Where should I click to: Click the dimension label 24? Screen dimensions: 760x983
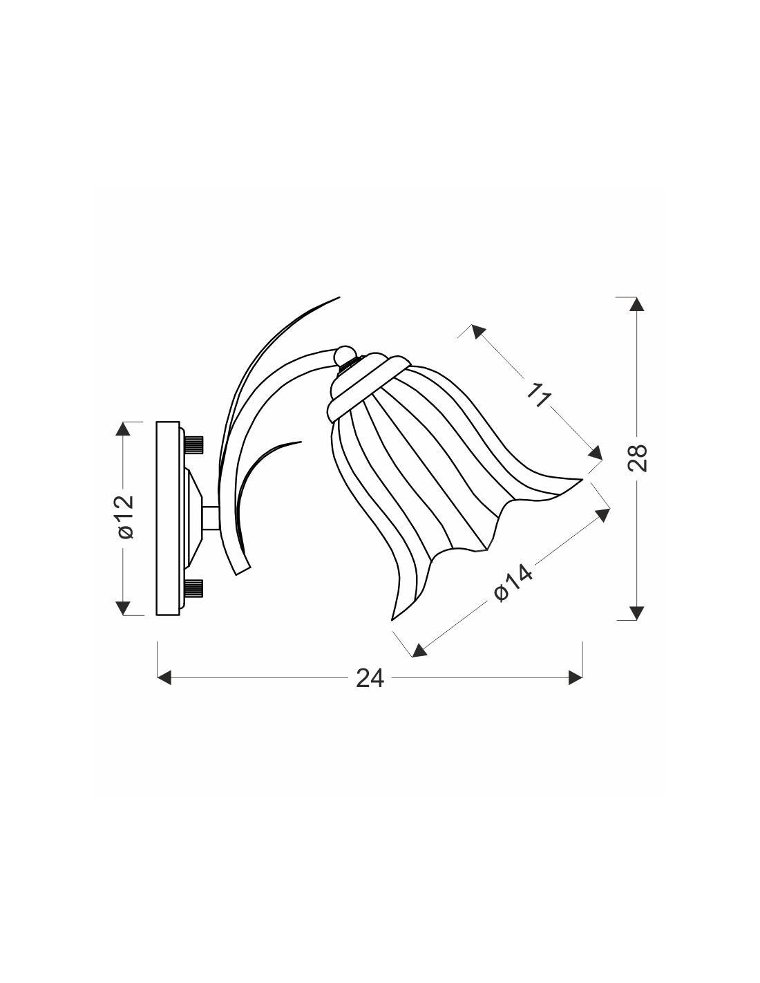click(370, 691)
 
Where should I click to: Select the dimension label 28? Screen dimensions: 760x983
click(638, 458)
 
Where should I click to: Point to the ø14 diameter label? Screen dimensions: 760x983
click(513, 584)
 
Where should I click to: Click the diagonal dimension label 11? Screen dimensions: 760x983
click(538, 394)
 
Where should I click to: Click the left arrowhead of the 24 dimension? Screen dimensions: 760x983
click(164, 691)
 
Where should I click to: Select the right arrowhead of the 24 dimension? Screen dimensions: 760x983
click(576, 691)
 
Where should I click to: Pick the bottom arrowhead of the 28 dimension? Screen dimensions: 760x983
click(636, 612)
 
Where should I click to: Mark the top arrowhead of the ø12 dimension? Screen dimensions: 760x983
click(123, 429)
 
